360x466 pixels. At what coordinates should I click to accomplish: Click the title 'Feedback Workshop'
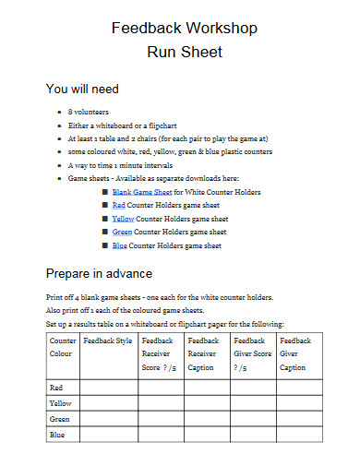[179, 28]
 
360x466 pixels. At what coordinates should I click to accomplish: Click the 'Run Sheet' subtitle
[179, 52]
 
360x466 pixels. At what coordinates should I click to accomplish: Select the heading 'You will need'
[82, 90]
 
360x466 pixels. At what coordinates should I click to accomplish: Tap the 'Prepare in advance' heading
[99, 273]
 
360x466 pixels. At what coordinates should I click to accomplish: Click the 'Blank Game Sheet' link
[136, 191]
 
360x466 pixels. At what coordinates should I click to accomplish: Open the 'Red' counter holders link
[119, 205]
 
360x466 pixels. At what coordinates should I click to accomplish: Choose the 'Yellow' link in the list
[123, 219]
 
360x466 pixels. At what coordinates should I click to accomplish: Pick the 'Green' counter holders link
[121, 233]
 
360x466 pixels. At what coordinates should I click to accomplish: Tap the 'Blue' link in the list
[119, 246]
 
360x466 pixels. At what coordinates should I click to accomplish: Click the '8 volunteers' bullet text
[89, 111]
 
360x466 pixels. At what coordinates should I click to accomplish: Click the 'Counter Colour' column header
[62, 346]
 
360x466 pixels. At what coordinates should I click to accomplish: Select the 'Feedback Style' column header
[108, 341]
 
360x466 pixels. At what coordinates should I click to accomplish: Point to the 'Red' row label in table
[56, 388]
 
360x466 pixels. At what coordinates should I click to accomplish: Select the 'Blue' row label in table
[57, 434]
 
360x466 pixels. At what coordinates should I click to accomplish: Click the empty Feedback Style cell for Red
[108, 388]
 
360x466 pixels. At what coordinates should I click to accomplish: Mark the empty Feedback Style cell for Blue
[108, 434]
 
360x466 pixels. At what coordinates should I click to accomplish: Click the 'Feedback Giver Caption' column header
[294, 352]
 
